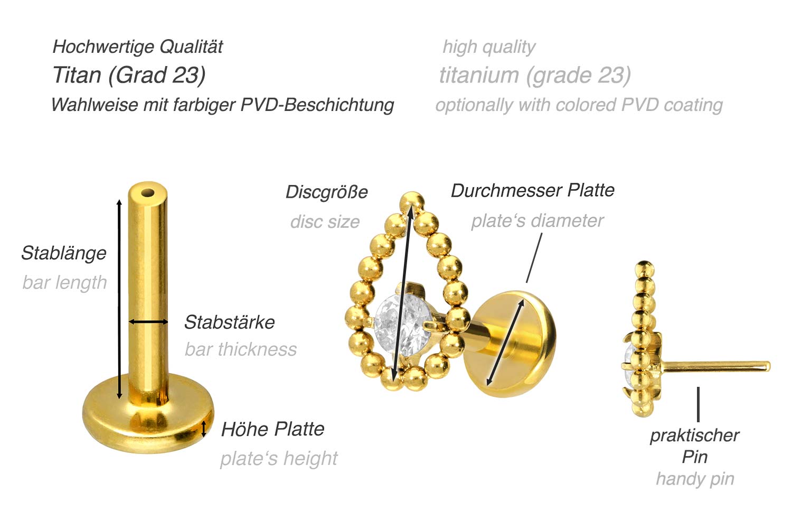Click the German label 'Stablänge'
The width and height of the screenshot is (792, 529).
64,253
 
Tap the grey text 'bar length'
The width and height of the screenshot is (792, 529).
65,283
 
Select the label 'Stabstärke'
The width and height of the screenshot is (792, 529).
230,322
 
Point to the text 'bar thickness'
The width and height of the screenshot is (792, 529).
241,349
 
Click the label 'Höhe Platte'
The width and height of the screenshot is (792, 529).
272,429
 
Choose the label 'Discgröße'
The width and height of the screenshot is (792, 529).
327,192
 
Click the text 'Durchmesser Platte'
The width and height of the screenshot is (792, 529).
532,190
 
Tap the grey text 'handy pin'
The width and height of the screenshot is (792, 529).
695,479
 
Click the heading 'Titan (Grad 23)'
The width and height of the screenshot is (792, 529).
129,75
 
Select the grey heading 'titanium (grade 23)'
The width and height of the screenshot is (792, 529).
535,75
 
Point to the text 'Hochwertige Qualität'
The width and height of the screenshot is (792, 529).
137,47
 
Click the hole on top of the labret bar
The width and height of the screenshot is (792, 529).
148,193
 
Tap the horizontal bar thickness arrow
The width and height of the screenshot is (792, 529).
148,322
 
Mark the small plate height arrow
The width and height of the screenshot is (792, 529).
204,429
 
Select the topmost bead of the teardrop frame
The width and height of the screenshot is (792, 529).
412,203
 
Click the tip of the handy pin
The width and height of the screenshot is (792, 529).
769,366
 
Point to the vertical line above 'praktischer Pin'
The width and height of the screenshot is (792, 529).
699,404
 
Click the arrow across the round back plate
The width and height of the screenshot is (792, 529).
505,342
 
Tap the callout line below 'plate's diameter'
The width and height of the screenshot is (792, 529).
534,257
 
